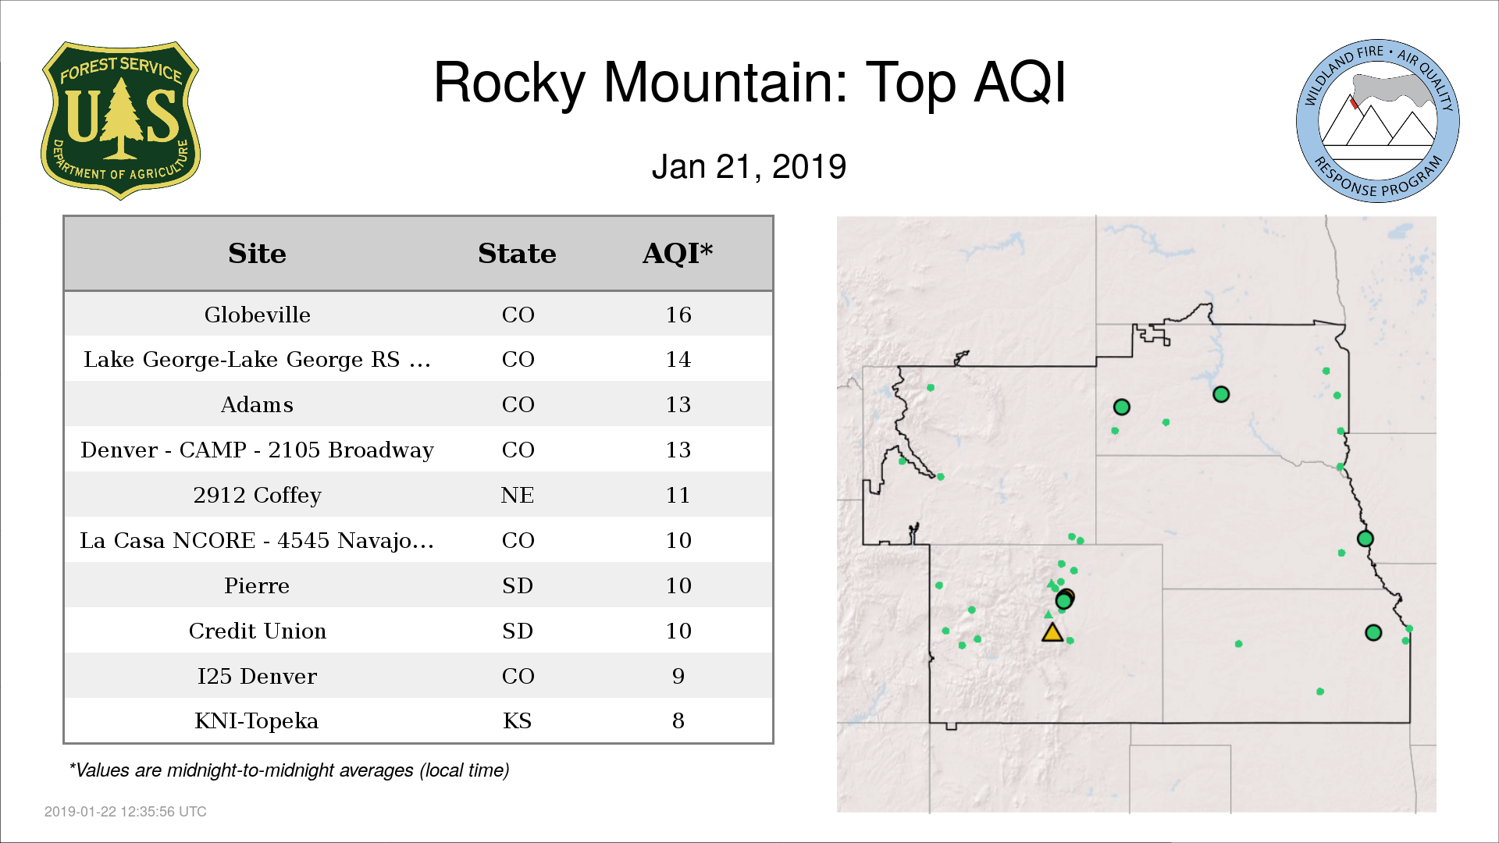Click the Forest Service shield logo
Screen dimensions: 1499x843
click(120, 120)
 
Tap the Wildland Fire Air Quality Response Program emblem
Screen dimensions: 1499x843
click(1378, 121)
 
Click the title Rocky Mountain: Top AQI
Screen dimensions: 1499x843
click(749, 82)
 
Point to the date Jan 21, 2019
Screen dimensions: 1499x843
click(749, 167)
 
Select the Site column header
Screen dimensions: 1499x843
click(257, 254)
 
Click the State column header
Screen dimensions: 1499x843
click(517, 254)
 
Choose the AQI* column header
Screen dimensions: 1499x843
click(678, 253)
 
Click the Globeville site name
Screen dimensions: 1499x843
click(258, 315)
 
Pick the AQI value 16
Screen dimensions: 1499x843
click(678, 315)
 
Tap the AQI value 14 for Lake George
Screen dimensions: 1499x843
click(678, 359)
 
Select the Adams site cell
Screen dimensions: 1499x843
click(257, 404)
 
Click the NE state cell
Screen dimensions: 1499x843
click(518, 495)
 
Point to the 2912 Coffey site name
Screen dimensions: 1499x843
click(258, 495)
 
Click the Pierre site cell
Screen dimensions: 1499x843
click(257, 585)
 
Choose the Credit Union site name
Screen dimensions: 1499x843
click(258, 631)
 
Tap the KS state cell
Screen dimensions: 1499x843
click(518, 720)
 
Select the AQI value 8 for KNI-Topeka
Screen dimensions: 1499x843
click(678, 720)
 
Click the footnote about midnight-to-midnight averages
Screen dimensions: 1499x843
click(290, 770)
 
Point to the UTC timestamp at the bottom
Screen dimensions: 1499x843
click(126, 812)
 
